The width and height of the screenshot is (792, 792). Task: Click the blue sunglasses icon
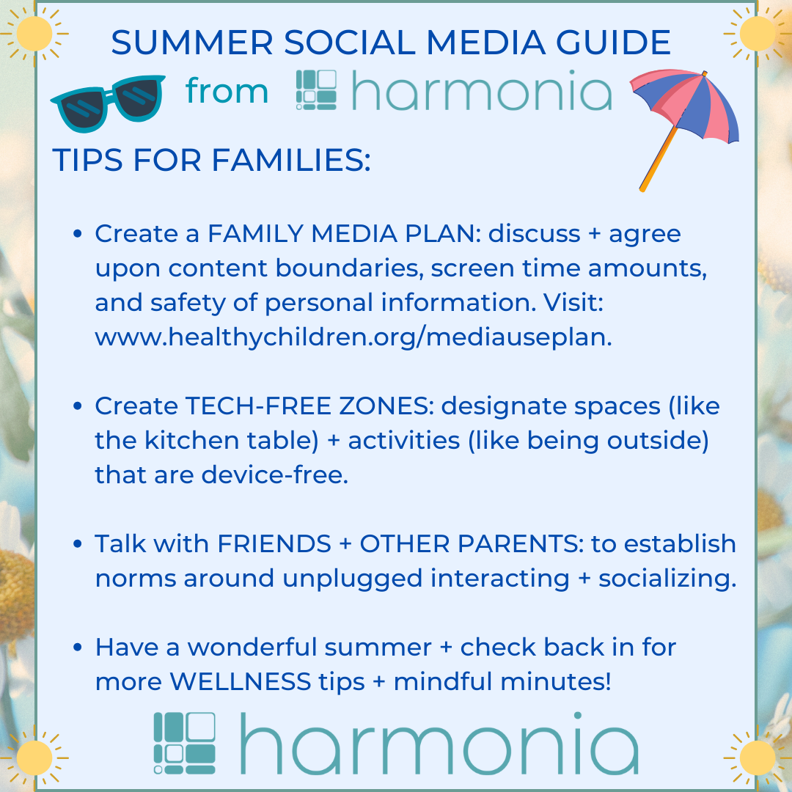pyautogui.click(x=108, y=103)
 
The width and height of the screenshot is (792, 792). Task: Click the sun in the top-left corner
pyautogui.click(x=34, y=34)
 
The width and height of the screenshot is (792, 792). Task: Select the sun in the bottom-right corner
pyautogui.click(x=757, y=757)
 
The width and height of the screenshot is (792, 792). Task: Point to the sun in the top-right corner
pyautogui.click(x=757, y=34)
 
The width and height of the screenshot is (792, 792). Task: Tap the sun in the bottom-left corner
pyautogui.click(x=34, y=757)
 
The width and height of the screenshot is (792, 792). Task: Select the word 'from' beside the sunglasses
pyautogui.click(x=227, y=92)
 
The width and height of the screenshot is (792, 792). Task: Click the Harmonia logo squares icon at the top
pyautogui.click(x=316, y=90)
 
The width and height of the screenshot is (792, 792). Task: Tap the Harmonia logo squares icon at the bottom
pyautogui.click(x=184, y=743)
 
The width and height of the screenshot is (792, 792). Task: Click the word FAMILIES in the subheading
pyautogui.click(x=291, y=160)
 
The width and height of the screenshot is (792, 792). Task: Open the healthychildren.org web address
pyautogui.click(x=353, y=337)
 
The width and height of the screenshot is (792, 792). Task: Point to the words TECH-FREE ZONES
pyautogui.click(x=309, y=406)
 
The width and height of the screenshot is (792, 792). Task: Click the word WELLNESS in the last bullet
pyautogui.click(x=241, y=681)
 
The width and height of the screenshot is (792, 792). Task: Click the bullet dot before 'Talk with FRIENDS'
pyautogui.click(x=77, y=544)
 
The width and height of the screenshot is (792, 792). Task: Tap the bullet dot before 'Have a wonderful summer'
pyautogui.click(x=77, y=647)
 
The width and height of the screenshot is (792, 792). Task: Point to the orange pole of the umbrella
pyautogui.click(x=659, y=159)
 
